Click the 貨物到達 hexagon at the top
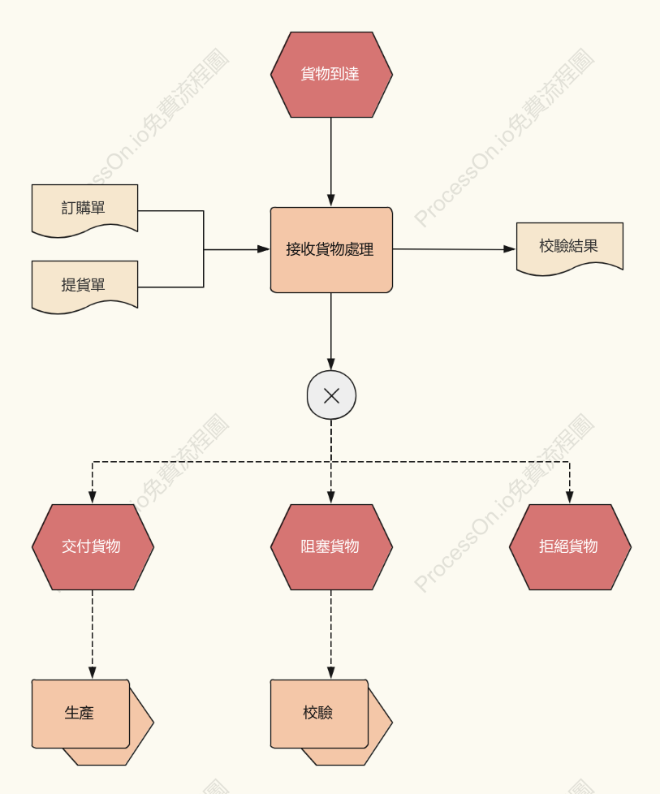click(331, 75)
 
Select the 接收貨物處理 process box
click(331, 249)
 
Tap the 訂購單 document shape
click(84, 209)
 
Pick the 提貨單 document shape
click(84, 286)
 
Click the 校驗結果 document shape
click(570, 248)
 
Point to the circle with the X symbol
click(331, 395)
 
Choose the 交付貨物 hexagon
click(93, 547)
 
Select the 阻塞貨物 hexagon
click(331, 547)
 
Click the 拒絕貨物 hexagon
click(570, 547)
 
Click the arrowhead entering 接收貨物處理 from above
click(331, 201)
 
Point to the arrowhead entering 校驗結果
click(510, 249)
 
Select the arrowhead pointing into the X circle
click(331, 364)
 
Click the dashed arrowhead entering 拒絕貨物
click(570, 497)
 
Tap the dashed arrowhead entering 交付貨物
click(93, 497)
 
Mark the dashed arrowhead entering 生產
click(93, 673)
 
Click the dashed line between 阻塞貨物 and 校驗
click(331, 635)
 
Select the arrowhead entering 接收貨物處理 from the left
click(264, 249)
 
